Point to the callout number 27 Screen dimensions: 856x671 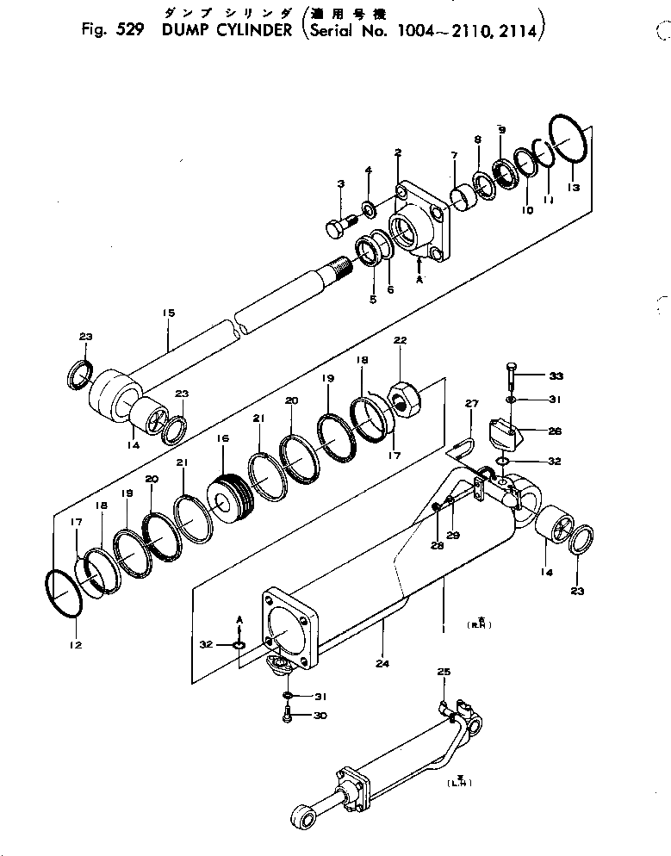471,404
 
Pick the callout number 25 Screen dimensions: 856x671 444,671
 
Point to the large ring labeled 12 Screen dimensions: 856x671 63,594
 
